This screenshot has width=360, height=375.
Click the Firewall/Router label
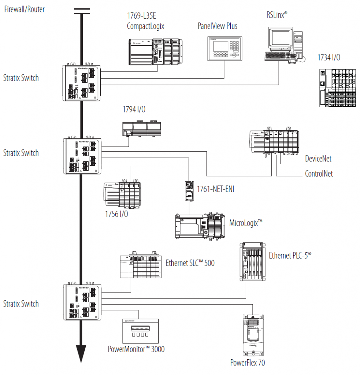[24, 9]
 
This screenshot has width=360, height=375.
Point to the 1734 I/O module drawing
[337, 89]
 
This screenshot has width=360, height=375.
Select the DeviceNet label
[318, 159]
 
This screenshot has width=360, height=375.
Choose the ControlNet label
[319, 174]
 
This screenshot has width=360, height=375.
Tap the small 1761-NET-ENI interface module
[189, 190]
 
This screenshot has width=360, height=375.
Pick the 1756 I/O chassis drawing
[123, 194]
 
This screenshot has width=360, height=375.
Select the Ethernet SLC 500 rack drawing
[140, 266]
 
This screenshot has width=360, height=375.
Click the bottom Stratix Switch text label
[21, 304]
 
